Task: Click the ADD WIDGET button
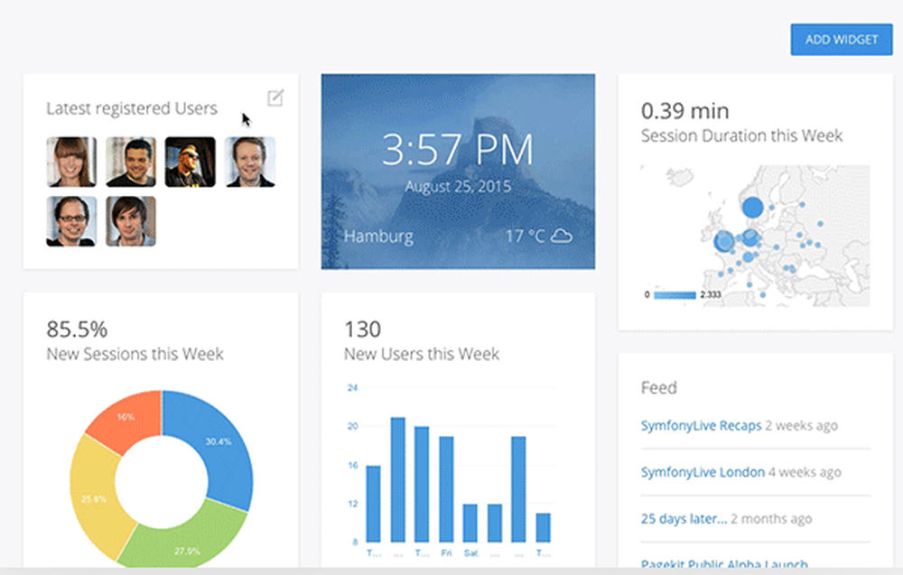(x=841, y=40)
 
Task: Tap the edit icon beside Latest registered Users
(x=275, y=97)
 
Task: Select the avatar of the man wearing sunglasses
(x=190, y=162)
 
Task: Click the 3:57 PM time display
(x=457, y=149)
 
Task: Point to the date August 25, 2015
(x=457, y=188)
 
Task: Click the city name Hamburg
(x=378, y=236)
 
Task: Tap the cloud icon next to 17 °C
(x=562, y=236)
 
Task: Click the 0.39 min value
(x=684, y=111)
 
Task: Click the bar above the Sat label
(x=470, y=523)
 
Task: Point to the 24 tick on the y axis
(x=353, y=388)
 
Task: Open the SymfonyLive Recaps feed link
(x=701, y=425)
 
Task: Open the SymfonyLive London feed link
(x=703, y=472)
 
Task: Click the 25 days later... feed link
(x=684, y=519)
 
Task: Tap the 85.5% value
(x=77, y=328)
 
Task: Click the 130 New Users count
(x=362, y=328)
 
